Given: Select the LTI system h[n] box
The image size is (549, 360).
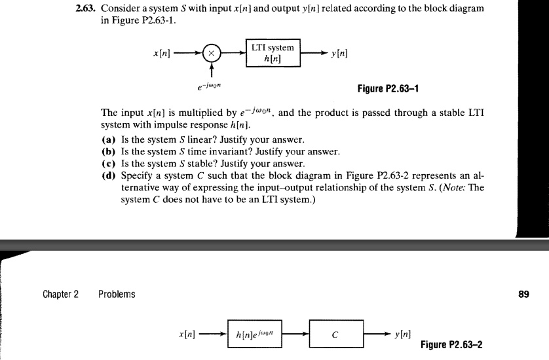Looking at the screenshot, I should [x=274, y=53].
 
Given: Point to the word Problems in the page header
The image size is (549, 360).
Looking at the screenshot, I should [x=117, y=294].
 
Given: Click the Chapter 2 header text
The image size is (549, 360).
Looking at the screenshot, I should [x=61, y=294].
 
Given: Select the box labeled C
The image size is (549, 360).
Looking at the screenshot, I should [x=336, y=334].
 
